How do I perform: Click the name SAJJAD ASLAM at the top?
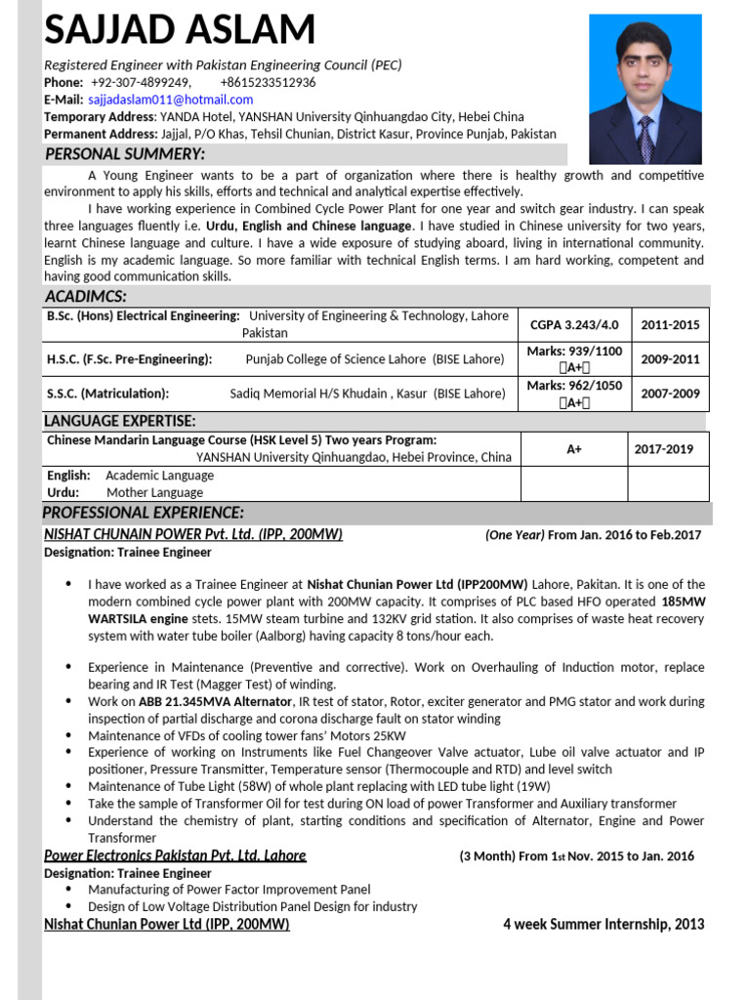[180, 31]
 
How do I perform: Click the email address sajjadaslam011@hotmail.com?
[171, 100]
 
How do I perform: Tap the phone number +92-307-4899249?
[141, 82]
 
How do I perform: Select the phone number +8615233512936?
[268, 82]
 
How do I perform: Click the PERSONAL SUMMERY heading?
[125, 154]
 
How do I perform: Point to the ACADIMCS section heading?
[86, 296]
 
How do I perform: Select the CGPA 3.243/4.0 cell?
[573, 324]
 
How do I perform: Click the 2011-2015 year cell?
[670, 324]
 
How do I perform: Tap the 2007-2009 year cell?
[670, 394]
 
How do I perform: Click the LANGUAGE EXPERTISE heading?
[120, 421]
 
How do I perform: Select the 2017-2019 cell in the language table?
[664, 449]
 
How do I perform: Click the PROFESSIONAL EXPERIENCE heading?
[144, 513]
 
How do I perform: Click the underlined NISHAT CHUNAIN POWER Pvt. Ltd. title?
[193, 534]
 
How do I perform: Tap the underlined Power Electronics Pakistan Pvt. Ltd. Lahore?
[176, 855]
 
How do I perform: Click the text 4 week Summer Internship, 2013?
[604, 924]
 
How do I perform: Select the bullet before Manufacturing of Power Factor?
[68, 890]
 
